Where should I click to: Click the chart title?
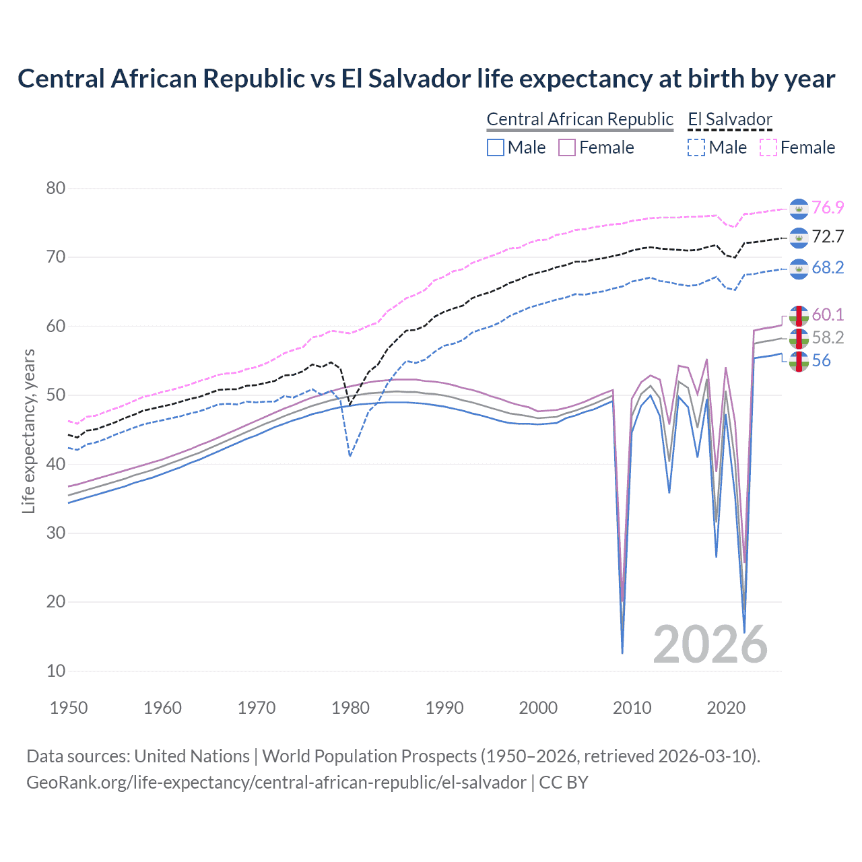pos(426,79)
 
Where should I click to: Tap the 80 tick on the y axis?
pos(56,188)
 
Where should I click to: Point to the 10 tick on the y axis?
pos(56,671)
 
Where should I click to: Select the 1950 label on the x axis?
pos(69,708)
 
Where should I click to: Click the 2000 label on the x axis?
pos(538,708)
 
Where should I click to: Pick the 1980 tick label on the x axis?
pos(350,708)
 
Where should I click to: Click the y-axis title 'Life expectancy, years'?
pos(28,431)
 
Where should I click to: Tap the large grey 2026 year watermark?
pos(710,644)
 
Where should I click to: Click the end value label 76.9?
pos(828,207)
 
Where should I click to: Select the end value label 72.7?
pos(828,236)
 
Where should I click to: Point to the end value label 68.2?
pos(828,267)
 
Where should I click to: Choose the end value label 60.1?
pos(828,314)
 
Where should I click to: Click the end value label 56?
pos(821,360)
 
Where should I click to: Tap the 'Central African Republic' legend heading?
pos(580,119)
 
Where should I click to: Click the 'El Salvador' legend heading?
pos(730,119)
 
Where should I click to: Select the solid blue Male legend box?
pos(496,147)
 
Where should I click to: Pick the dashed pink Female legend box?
pos(768,147)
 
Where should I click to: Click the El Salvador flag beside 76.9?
pos(799,209)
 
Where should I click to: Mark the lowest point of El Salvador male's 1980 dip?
pos(350,456)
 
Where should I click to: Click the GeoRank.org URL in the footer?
pos(276,783)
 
